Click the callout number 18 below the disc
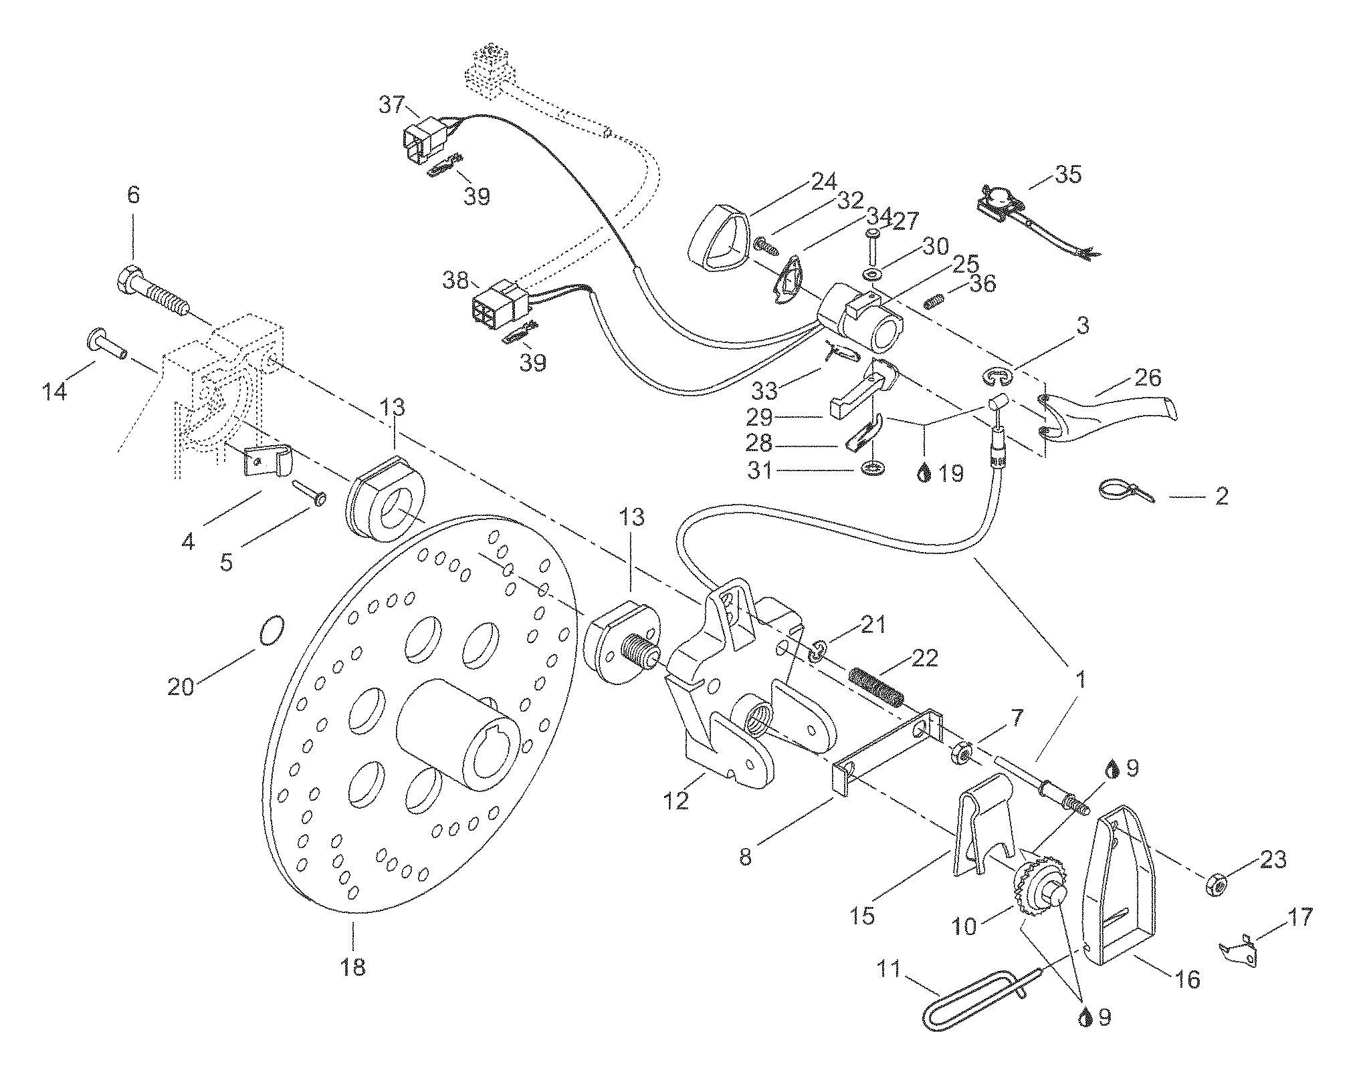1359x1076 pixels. (x=353, y=966)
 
